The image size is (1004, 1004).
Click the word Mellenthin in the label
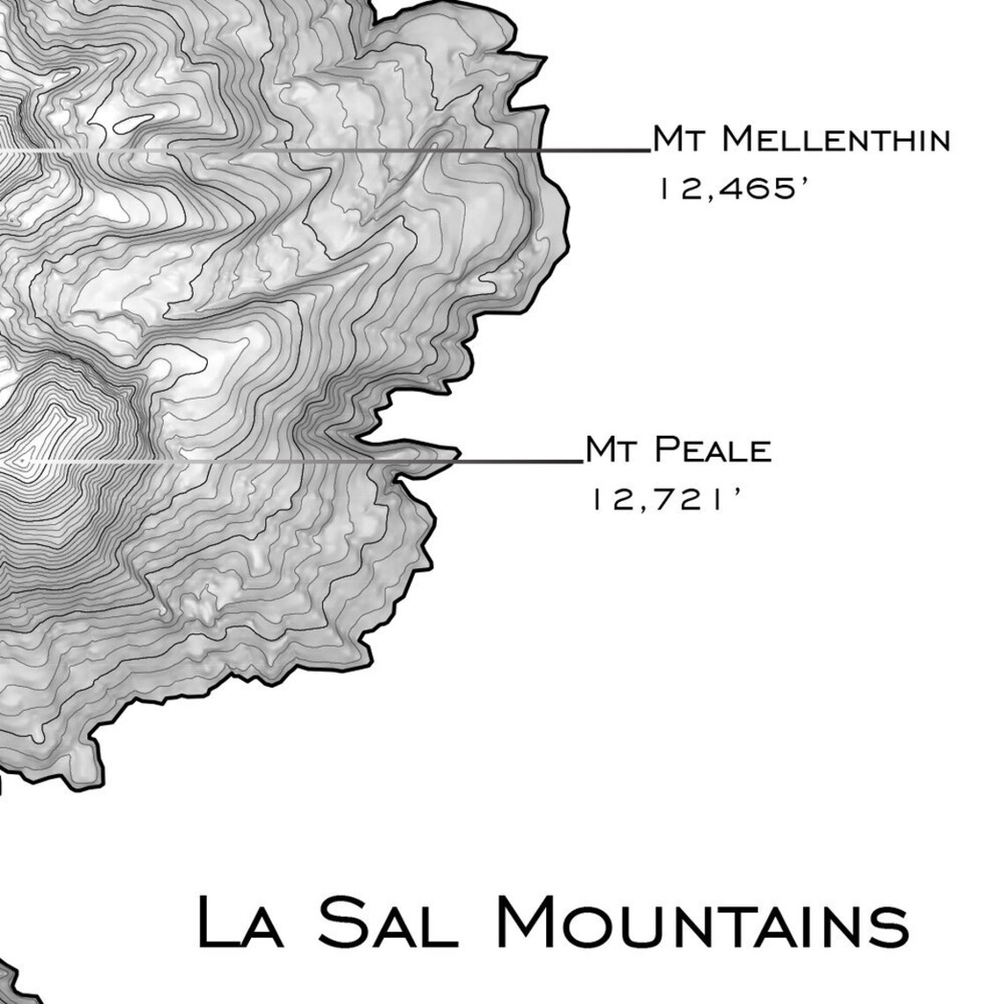[x=841, y=139]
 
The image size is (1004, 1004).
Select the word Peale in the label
[x=713, y=450]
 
